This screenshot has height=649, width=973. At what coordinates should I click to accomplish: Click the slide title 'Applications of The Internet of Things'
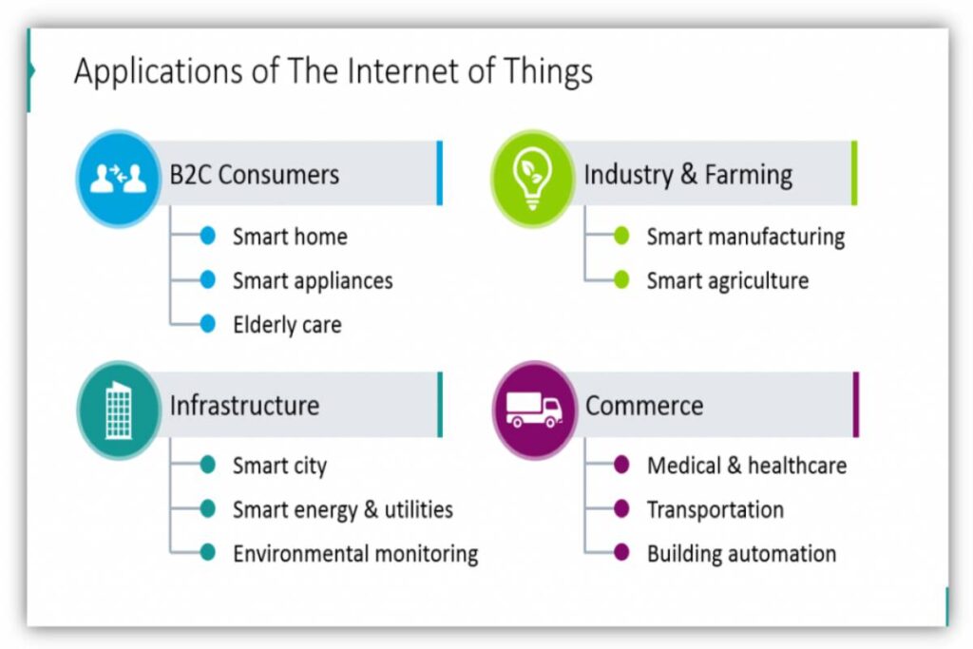click(333, 72)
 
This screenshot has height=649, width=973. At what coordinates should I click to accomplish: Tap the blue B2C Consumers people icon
click(119, 178)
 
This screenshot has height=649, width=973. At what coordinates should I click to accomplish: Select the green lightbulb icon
click(531, 177)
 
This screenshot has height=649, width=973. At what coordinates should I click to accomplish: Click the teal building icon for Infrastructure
click(119, 410)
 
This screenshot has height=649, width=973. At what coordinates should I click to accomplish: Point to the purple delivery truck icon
click(534, 409)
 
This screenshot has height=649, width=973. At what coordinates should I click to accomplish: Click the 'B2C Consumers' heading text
click(254, 175)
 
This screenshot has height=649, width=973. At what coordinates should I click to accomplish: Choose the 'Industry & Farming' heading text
click(688, 175)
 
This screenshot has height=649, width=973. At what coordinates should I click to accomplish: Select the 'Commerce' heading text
click(644, 406)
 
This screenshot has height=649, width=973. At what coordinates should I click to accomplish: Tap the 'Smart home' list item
click(290, 237)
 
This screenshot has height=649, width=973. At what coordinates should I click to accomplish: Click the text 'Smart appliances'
click(313, 280)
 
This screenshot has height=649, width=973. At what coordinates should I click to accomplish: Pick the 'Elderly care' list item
click(287, 324)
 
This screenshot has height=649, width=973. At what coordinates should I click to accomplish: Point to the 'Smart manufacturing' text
click(745, 237)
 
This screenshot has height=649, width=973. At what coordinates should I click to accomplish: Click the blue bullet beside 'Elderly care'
click(208, 324)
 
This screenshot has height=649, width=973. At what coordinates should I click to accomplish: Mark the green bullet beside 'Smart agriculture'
click(621, 280)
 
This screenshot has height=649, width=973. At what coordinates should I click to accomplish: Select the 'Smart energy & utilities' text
click(343, 509)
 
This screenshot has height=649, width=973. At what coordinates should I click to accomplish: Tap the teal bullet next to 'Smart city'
click(208, 465)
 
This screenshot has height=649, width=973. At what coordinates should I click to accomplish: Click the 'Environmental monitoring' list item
click(355, 553)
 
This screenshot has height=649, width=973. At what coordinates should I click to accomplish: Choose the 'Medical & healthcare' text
click(747, 466)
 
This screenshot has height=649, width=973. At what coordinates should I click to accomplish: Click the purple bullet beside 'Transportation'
click(621, 509)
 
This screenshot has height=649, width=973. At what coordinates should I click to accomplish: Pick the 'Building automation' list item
click(741, 553)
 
